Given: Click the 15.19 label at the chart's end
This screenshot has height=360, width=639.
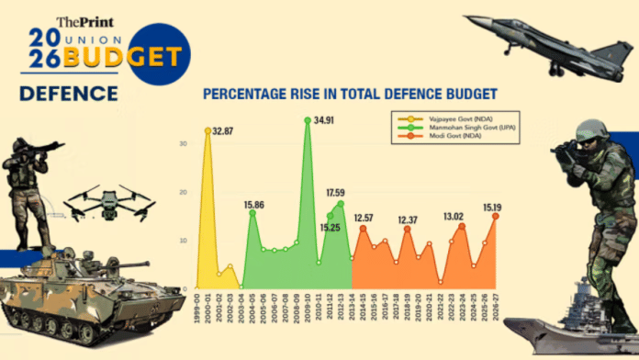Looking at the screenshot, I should click(494, 206).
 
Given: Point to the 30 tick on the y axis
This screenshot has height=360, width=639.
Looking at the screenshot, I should click(184, 144).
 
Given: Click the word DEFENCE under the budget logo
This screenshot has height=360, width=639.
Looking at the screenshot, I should click(69, 94).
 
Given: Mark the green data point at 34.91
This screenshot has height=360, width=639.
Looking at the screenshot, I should click(308, 119).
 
